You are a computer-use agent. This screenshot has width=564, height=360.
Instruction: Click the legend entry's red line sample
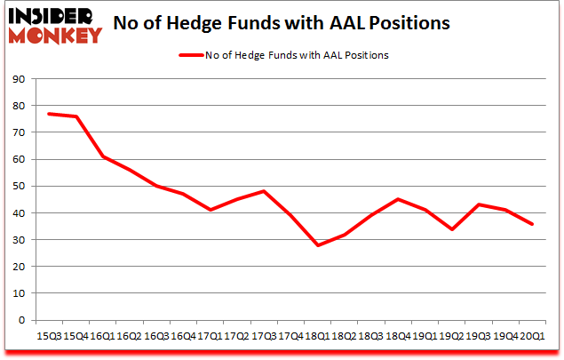click(192, 55)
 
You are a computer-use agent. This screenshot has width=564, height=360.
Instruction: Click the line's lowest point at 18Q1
click(317, 245)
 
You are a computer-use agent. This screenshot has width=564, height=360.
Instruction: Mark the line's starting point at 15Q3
click(48, 114)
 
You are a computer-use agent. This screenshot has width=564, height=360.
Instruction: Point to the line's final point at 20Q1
click(532, 224)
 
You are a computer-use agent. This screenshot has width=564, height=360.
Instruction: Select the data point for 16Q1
click(102, 156)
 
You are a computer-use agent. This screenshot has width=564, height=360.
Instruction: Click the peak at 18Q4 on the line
click(398, 199)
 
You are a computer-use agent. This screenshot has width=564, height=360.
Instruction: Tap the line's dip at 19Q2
click(452, 228)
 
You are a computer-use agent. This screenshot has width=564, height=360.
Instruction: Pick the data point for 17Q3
click(264, 191)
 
